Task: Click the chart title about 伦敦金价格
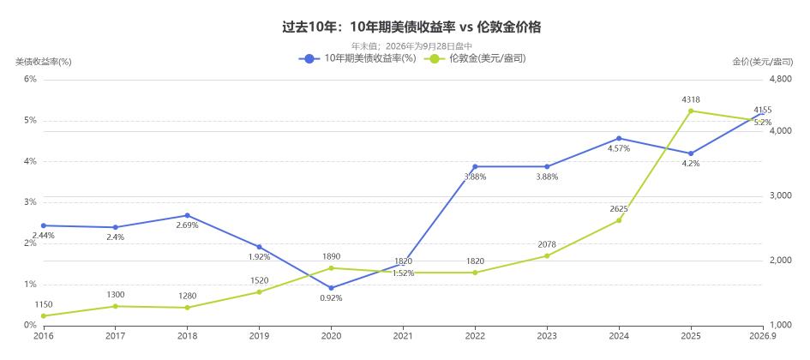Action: pyautogui.click(x=411, y=27)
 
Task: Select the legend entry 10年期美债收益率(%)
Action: pyautogui.click(x=357, y=59)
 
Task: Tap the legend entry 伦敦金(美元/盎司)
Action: pyautogui.click(x=475, y=59)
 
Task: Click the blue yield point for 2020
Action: pyautogui.click(x=331, y=288)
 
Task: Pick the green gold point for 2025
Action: pyautogui.click(x=691, y=111)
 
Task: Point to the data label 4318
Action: pyautogui.click(x=691, y=99)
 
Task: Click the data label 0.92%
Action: pyautogui.click(x=331, y=298)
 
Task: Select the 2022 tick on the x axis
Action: pyautogui.click(x=475, y=336)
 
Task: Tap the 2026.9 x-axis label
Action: pyautogui.click(x=763, y=336)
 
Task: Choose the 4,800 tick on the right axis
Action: pyautogui.click(x=781, y=79)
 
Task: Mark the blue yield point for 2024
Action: pyautogui.click(x=619, y=138)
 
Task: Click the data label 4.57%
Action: pyautogui.click(x=619, y=149)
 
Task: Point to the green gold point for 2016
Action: pyautogui.click(x=44, y=315)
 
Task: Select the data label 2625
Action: pyautogui.click(x=619, y=209)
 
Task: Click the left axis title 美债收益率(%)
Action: pyautogui.click(x=44, y=62)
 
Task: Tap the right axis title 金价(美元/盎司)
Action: pyautogui.click(x=763, y=62)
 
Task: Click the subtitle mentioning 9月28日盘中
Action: pyautogui.click(x=411, y=46)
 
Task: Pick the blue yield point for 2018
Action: pyautogui.click(x=187, y=215)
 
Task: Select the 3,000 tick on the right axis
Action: pyautogui.click(x=781, y=196)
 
